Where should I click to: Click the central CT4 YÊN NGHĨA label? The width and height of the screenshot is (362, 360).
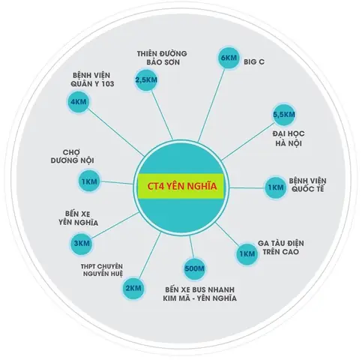click(x=181, y=186)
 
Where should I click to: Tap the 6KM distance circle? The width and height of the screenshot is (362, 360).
click(x=228, y=58)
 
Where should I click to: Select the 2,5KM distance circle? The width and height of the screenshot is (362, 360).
click(x=146, y=80)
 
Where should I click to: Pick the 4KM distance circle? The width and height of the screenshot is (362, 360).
click(x=78, y=102)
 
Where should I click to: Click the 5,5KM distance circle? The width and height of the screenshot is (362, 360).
click(x=284, y=115)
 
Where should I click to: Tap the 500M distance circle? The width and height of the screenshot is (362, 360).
click(x=194, y=268)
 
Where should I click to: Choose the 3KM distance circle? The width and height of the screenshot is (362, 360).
click(x=82, y=244)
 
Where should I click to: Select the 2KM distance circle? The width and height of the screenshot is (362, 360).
click(x=133, y=288)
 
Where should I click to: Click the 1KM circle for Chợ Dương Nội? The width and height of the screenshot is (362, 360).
click(x=89, y=181)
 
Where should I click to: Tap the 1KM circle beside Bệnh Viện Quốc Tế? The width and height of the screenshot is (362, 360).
click(x=276, y=187)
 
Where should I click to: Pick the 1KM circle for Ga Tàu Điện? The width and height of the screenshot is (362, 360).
click(x=247, y=254)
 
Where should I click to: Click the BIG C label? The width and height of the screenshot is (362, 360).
click(x=254, y=61)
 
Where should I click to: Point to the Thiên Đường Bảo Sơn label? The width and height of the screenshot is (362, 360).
click(x=162, y=58)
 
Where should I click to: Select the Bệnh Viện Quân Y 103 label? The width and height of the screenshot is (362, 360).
click(x=92, y=79)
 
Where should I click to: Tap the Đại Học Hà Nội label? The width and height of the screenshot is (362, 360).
click(x=289, y=138)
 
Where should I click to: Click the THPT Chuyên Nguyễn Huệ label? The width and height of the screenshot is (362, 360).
click(x=102, y=270)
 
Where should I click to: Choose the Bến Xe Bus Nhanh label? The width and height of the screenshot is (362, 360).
click(x=200, y=294)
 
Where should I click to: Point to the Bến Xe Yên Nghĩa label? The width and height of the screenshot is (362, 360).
click(x=78, y=218)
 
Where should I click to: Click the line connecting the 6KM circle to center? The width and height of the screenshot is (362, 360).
click(x=211, y=105)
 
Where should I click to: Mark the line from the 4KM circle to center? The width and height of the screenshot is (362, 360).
click(x=115, y=132)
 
